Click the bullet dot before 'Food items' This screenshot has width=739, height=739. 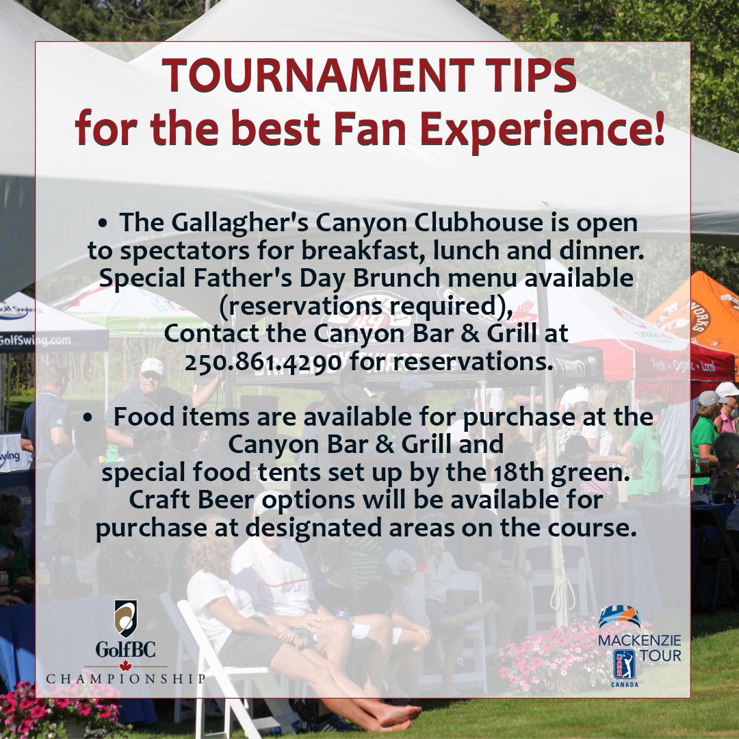tap(89, 417)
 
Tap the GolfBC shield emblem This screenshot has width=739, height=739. tap(125, 619)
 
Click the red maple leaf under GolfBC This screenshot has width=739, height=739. tap(125, 666)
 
